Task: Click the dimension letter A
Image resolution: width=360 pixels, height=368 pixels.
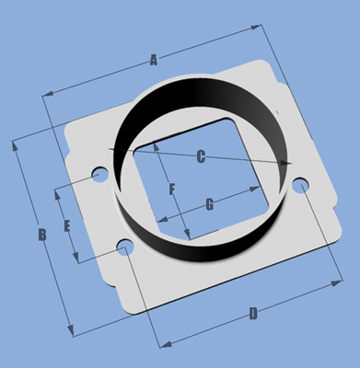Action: click(x=154, y=60)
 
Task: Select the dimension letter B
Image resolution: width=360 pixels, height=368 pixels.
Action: click(x=42, y=235)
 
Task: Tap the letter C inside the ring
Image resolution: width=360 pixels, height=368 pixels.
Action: click(x=201, y=156)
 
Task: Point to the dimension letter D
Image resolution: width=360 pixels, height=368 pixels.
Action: click(x=253, y=314)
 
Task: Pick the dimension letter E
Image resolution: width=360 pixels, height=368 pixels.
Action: click(x=67, y=226)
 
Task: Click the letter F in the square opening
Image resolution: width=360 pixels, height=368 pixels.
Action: click(x=172, y=189)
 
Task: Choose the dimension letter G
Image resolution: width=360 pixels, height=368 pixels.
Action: click(x=210, y=204)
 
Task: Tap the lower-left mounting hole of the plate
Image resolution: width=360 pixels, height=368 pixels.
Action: click(x=125, y=247)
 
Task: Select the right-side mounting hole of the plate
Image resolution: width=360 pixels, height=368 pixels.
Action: click(x=301, y=185)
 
